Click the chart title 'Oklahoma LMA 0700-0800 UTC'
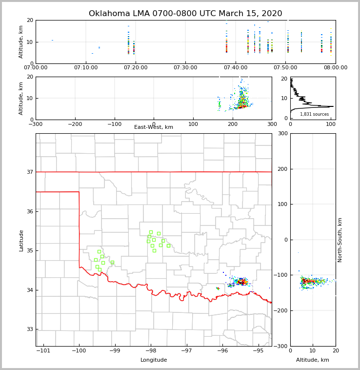tap(185, 14)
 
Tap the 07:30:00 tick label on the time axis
tap(185, 68)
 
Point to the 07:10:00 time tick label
tap(86, 68)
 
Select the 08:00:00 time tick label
tap(335, 68)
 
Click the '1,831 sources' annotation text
tap(314, 114)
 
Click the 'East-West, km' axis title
tap(154, 127)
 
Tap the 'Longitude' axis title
tap(154, 360)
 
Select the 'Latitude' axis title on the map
tap(21, 240)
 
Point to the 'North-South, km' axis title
tap(340, 240)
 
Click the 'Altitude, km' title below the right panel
tap(313, 360)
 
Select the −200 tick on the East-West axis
tap(75, 124)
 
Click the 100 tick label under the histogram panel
tap(331, 124)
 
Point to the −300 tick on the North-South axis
tap(281, 346)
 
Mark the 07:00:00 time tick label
tap(36, 68)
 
